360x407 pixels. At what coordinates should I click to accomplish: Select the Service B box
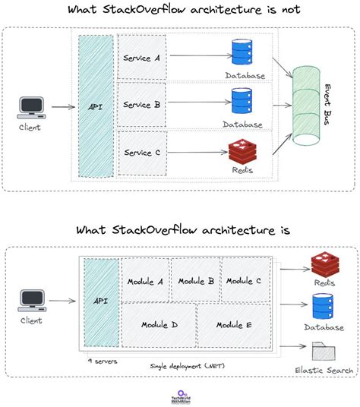[142, 105]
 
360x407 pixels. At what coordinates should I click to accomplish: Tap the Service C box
[142, 153]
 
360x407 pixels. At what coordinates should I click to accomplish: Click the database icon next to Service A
[242, 54]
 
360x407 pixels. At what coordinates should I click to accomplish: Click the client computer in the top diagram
[31, 106]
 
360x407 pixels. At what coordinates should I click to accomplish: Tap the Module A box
[146, 280]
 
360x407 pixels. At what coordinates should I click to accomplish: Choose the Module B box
[196, 280]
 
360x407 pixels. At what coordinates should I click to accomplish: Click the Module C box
[244, 280]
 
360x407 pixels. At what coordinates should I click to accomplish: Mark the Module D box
[159, 325]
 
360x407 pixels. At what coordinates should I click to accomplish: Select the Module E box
[233, 325]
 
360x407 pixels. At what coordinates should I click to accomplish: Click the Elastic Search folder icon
[324, 352]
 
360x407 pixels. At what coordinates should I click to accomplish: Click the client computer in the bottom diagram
[31, 301]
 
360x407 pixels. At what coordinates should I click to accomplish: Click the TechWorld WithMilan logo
[179, 395]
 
